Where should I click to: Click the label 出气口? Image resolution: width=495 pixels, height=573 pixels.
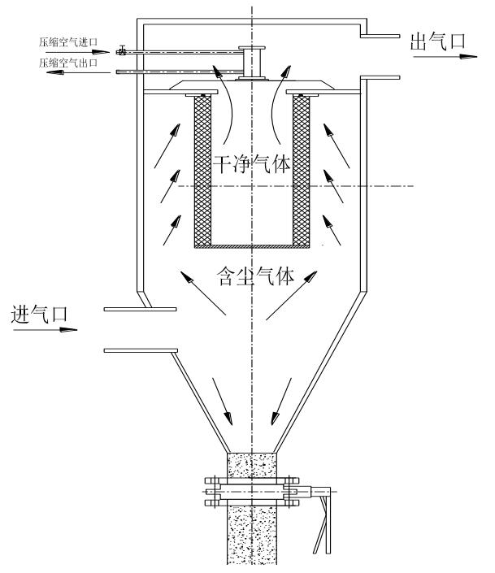pos(432,42)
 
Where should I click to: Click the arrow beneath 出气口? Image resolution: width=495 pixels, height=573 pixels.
pos(447,58)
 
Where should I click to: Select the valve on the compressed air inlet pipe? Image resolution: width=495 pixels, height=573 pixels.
pos(119,53)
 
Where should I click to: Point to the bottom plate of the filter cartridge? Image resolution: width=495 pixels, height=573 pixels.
pos(252,245)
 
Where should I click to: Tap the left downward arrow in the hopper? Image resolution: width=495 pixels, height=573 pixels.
pos(222,399)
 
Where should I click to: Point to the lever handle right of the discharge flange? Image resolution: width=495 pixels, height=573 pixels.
pos(323,520)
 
